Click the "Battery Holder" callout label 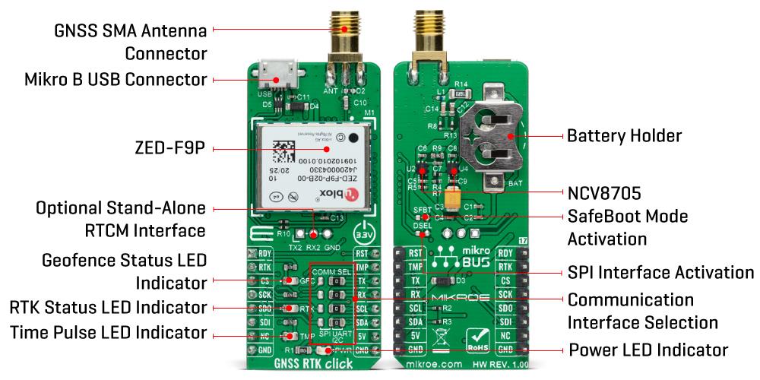624,137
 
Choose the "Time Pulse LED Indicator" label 109,332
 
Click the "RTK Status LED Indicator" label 108,307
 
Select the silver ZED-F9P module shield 312,167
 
